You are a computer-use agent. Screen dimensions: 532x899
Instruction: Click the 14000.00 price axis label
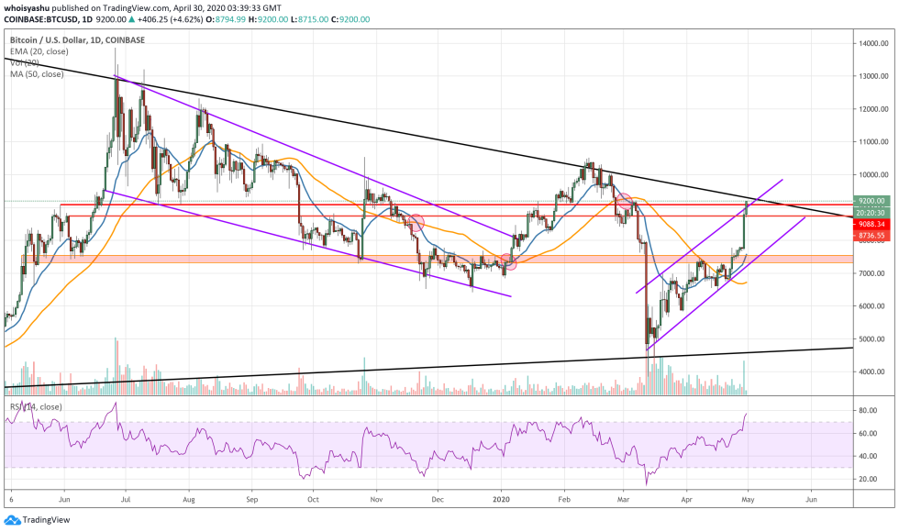tap(871, 43)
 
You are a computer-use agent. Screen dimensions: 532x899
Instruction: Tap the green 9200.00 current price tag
tap(871, 200)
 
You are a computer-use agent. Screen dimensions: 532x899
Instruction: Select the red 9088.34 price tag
tap(871, 223)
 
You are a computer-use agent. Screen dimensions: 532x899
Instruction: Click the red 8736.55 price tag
tap(871, 236)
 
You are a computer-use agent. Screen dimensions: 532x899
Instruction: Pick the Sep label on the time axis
tap(251, 501)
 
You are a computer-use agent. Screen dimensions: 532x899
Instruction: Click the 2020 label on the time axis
tap(501, 501)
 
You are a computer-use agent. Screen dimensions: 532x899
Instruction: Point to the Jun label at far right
tap(810, 501)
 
